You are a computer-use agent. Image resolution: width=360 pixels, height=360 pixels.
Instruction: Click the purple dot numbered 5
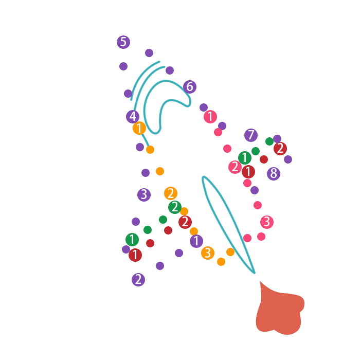(x=123, y=42)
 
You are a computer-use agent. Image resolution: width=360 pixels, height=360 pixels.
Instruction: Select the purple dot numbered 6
(x=189, y=87)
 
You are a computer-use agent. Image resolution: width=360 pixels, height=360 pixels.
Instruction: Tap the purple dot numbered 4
(x=133, y=117)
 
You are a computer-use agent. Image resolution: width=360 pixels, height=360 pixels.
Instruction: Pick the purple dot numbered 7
(x=251, y=135)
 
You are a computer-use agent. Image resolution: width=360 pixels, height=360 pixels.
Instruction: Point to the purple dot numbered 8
(x=274, y=174)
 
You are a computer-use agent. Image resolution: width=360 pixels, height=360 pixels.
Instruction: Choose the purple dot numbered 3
(x=144, y=195)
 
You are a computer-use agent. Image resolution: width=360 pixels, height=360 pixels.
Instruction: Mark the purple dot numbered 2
(x=138, y=280)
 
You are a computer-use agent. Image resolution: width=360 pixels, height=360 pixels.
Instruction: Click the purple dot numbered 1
(x=196, y=241)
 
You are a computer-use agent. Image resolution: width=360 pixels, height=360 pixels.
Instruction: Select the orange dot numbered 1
(x=139, y=128)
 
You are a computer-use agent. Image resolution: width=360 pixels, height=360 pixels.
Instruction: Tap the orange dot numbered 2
(x=171, y=193)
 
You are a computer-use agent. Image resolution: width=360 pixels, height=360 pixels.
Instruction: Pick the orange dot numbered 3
(x=208, y=253)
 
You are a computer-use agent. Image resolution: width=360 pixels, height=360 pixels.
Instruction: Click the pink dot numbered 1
(x=210, y=117)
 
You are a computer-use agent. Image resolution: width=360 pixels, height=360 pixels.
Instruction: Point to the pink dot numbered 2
(x=235, y=167)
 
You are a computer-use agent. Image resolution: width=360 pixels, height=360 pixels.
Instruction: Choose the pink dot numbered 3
(x=267, y=222)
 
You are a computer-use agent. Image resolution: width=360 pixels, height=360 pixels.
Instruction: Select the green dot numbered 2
(x=175, y=207)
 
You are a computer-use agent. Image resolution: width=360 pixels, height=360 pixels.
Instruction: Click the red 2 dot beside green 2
(x=185, y=222)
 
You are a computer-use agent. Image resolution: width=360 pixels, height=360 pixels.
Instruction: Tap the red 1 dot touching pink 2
(x=248, y=172)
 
